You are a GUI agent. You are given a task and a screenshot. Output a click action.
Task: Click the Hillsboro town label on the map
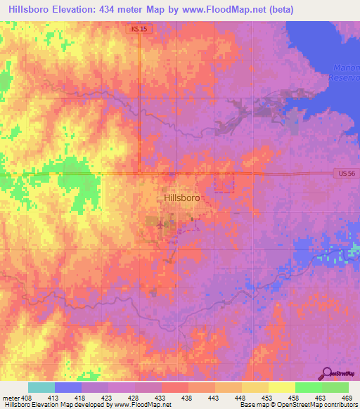(181, 198)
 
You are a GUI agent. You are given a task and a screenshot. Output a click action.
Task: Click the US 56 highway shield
(341, 173)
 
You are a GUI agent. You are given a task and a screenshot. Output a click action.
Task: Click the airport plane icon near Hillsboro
(160, 225)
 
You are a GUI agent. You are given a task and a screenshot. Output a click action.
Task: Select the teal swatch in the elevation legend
(41, 387)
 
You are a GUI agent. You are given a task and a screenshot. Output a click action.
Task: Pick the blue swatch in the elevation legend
(67, 387)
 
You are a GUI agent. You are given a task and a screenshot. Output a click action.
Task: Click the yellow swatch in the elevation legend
(281, 387)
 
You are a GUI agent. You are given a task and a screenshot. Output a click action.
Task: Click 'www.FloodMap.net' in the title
(221, 9)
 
